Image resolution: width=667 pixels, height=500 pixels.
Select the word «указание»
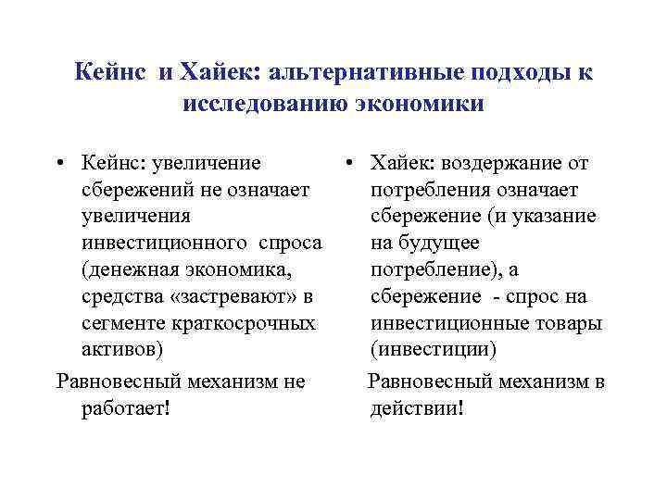(x=557, y=217)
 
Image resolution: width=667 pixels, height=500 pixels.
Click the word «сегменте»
(x=121, y=324)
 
